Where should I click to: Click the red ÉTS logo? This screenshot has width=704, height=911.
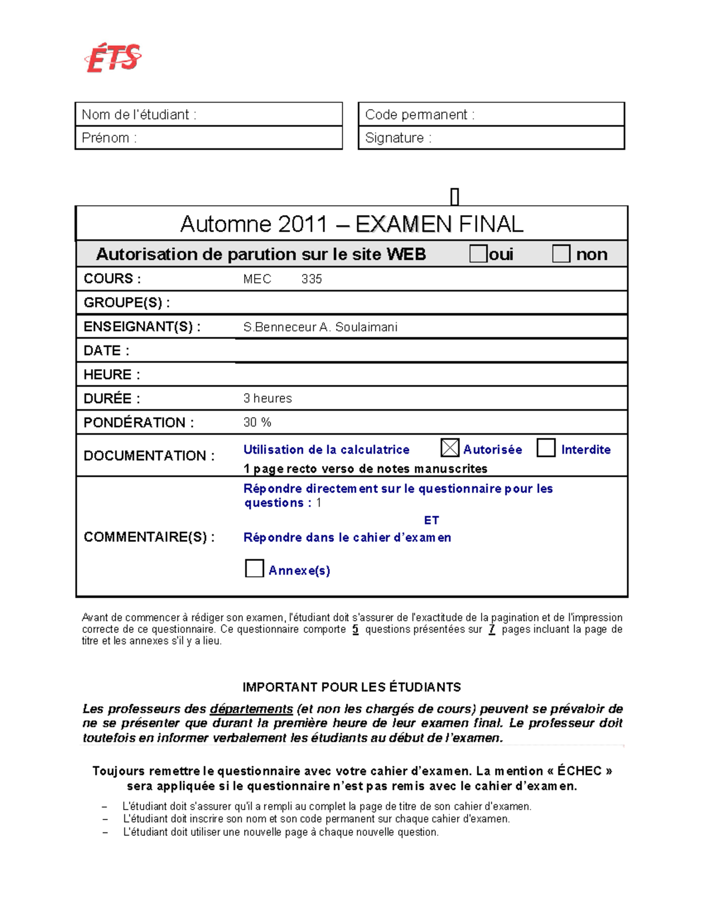[113, 59]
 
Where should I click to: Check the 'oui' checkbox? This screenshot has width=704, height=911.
[478, 253]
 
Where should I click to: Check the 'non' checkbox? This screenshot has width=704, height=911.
[561, 253]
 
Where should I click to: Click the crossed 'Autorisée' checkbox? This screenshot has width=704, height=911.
[449, 448]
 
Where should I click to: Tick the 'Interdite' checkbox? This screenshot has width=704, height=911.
[546, 448]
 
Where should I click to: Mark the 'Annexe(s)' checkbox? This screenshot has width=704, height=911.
[254, 568]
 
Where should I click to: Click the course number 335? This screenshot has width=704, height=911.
[312, 279]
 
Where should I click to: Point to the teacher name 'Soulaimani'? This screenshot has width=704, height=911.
[366, 327]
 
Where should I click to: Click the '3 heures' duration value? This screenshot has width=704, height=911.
[268, 398]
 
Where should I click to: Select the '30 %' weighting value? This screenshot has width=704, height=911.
[257, 422]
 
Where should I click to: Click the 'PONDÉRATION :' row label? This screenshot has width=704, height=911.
[138, 422]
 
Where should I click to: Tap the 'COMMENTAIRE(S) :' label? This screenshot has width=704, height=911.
[149, 537]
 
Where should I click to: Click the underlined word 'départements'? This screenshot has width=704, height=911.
[251, 709]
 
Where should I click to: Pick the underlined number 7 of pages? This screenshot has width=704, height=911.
[492, 629]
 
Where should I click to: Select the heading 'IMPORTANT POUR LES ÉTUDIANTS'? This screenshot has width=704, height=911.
[351, 687]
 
